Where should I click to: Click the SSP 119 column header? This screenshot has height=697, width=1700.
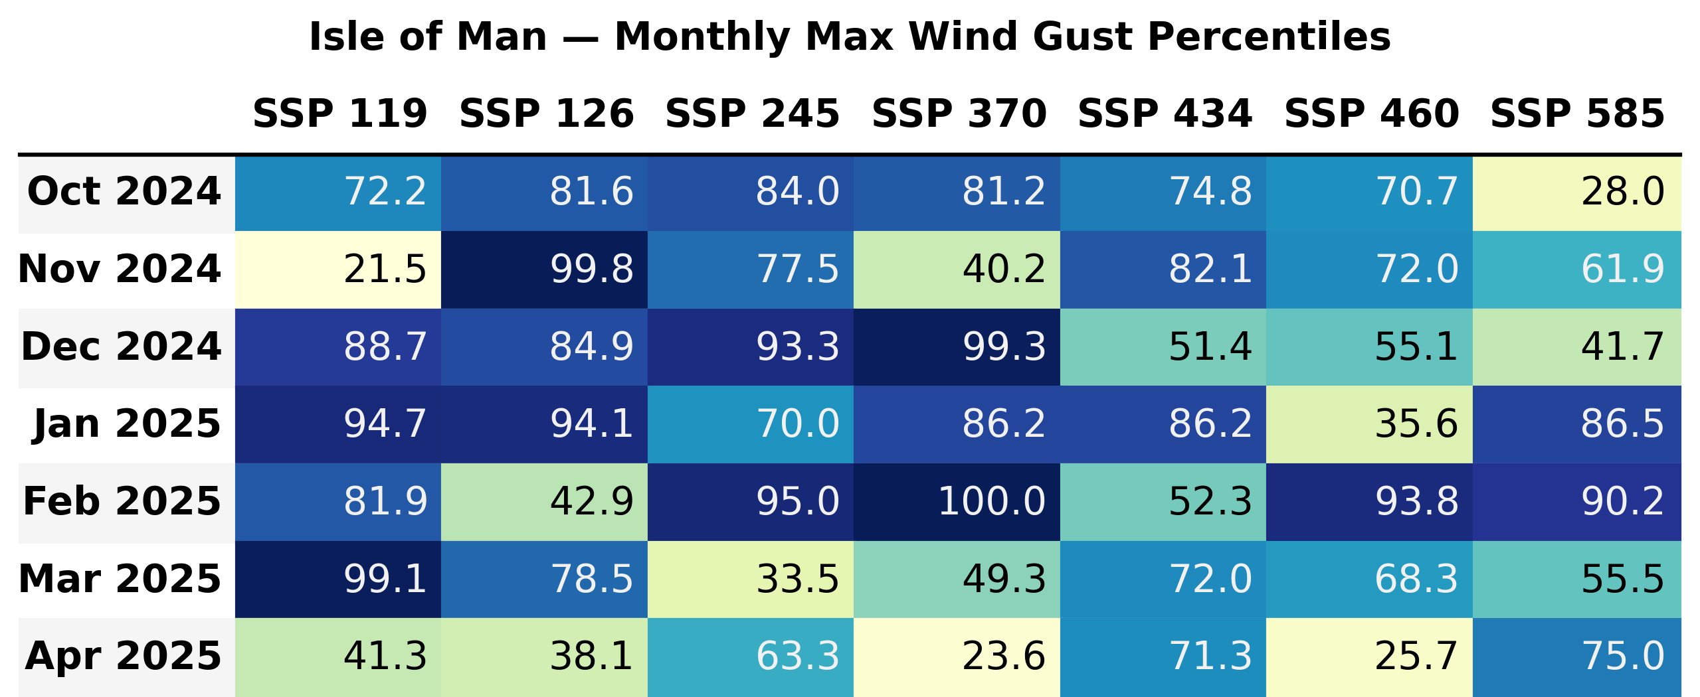coord(339,114)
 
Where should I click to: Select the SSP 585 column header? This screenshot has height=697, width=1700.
coord(1576,114)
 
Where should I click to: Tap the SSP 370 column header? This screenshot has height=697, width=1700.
coord(959,114)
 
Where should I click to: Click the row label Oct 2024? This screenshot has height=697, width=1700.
coord(124,192)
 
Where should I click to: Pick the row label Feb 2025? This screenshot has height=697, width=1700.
coord(122,501)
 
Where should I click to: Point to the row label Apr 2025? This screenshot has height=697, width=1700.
coord(123,657)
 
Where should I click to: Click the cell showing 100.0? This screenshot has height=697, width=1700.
coord(957,501)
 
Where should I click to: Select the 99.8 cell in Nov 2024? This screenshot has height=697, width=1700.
coord(544,269)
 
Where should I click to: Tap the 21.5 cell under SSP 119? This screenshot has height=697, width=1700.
coord(338,269)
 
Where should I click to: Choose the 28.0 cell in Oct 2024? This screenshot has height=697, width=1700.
coord(1576,192)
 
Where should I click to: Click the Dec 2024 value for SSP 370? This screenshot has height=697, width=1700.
coord(957,347)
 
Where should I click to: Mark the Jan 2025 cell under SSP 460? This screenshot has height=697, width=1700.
coord(1369,424)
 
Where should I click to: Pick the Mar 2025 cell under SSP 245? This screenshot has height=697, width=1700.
coord(751,579)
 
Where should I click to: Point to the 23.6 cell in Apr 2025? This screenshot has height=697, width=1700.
coord(957,657)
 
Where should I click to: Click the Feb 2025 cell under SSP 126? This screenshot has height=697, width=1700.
coord(544,501)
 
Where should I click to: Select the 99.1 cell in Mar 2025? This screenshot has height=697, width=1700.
coord(338,579)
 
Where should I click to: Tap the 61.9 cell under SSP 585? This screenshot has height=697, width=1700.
coord(1576,269)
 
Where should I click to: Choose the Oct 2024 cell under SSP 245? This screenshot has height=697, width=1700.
coord(751,192)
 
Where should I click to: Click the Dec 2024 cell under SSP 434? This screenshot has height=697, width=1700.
coord(1163,347)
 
